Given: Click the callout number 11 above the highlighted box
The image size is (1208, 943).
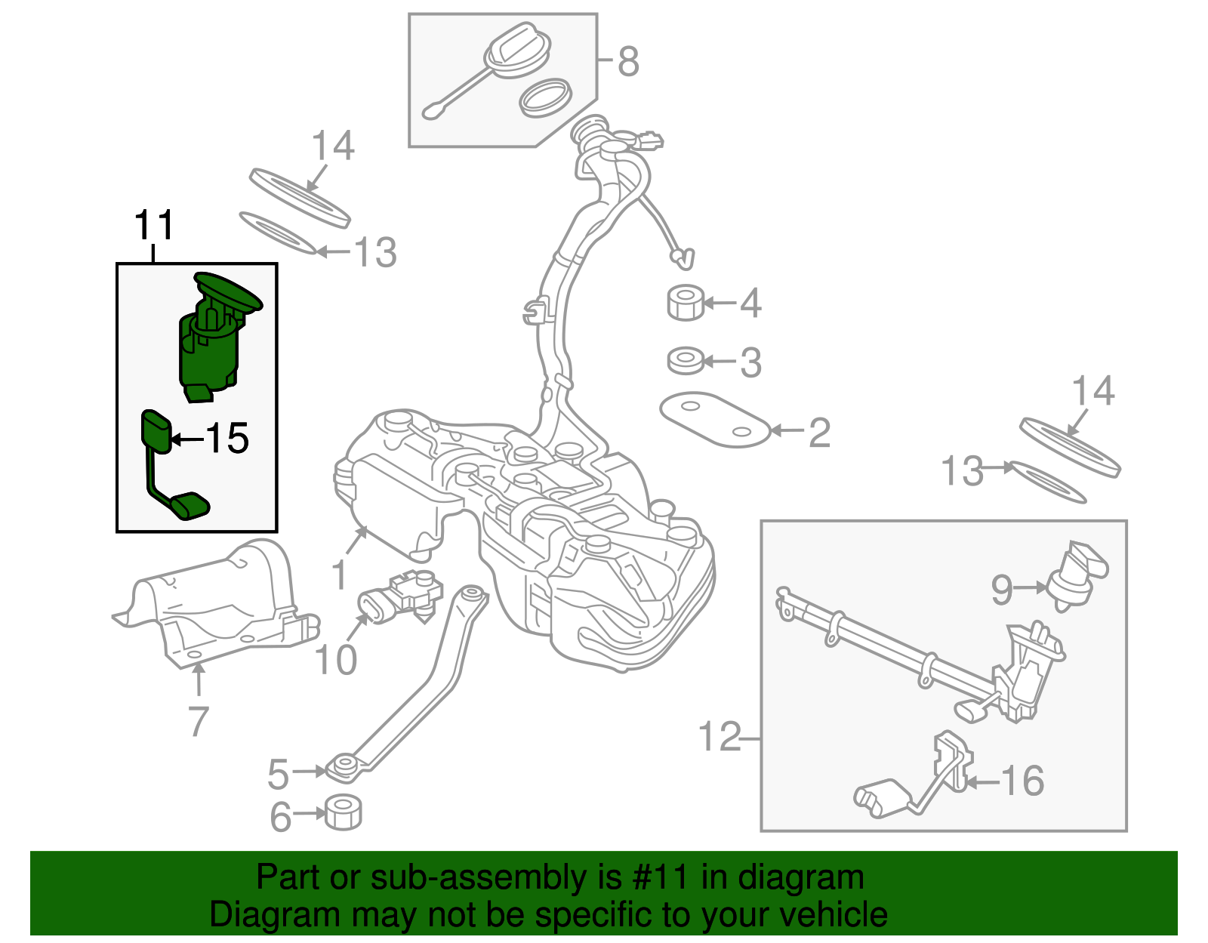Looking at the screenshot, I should point(154,225).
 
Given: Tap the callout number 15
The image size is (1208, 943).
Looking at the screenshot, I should point(227,438).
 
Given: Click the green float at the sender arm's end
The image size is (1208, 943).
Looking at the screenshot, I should point(190,505).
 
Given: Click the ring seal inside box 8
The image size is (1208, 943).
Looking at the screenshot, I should point(546,97).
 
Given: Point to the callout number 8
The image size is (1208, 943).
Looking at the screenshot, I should point(628,61).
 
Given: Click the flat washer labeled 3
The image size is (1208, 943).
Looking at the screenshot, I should point(686,361).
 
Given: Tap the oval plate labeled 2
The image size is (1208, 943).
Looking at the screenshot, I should point(713,420).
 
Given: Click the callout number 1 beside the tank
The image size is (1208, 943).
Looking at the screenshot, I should point(340,575).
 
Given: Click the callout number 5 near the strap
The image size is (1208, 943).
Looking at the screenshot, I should point(279,774).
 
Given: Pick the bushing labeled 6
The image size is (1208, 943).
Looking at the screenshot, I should point(344,812).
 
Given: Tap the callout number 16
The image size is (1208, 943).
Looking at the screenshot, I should point(1023,781).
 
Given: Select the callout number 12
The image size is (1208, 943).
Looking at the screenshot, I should point(720,736).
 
